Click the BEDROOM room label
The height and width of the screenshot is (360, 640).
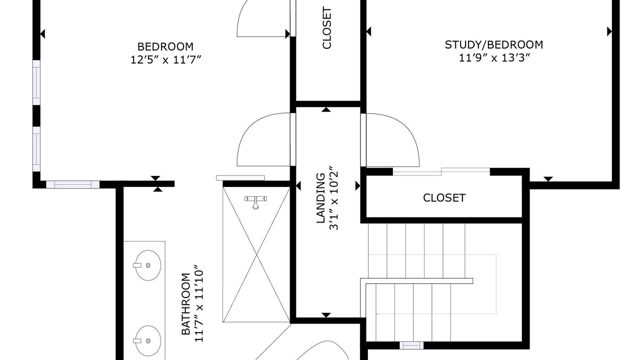(x=165, y=46)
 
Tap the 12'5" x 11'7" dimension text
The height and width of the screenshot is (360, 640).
(x=166, y=60)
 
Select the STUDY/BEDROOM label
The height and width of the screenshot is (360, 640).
(x=494, y=45)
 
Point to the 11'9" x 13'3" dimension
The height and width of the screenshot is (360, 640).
(x=494, y=58)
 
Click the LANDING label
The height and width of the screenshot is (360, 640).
(x=321, y=198)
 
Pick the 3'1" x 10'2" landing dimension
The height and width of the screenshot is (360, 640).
(x=334, y=197)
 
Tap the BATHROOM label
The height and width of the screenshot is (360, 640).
(x=185, y=304)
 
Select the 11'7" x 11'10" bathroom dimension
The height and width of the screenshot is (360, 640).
(x=199, y=303)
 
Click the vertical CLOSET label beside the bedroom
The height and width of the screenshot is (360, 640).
(x=326, y=27)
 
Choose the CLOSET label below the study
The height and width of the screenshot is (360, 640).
(x=444, y=198)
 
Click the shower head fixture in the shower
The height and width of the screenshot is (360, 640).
(x=255, y=202)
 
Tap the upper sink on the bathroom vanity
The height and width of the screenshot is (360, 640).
(x=147, y=265)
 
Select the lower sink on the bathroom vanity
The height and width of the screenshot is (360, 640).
(x=147, y=340)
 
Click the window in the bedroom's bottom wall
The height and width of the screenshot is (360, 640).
(x=73, y=184)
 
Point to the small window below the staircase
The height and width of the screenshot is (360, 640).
(x=411, y=345)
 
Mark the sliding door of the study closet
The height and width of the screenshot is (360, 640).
(x=441, y=171)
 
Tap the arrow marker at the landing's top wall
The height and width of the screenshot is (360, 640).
(x=326, y=109)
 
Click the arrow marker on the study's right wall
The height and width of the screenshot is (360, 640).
(x=609, y=31)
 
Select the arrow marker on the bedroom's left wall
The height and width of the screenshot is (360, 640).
(x=42, y=33)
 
